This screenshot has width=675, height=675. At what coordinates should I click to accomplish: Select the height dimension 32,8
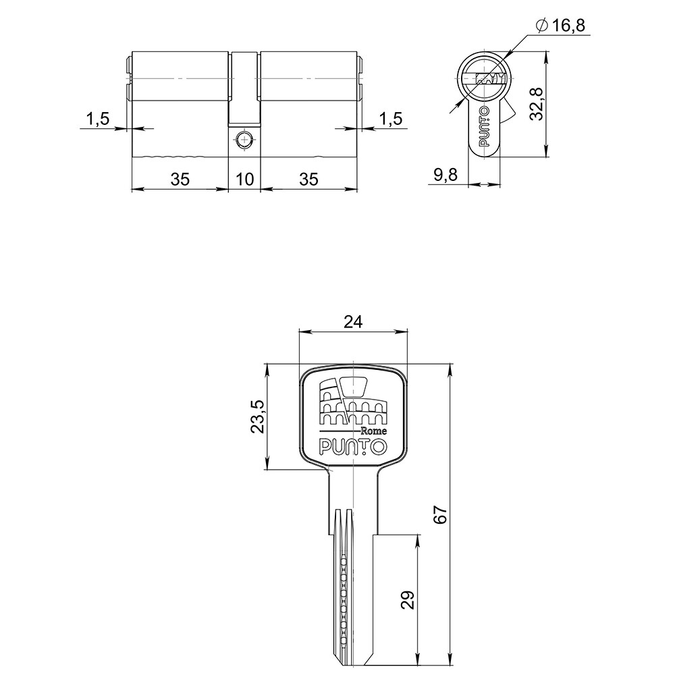(x=537, y=103)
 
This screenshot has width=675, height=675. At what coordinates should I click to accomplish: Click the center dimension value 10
(x=245, y=179)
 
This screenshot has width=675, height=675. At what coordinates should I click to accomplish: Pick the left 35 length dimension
(x=179, y=179)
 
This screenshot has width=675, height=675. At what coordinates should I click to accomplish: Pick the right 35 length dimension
(x=308, y=179)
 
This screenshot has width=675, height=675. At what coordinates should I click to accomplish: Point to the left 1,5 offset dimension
(x=97, y=119)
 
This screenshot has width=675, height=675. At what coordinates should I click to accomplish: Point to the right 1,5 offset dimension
(x=390, y=119)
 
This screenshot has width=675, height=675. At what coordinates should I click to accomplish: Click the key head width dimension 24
(x=352, y=322)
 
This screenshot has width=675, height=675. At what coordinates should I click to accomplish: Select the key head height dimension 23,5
(x=258, y=417)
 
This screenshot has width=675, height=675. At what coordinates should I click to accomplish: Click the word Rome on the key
(x=373, y=431)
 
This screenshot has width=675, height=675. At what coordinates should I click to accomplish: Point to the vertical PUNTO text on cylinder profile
(x=484, y=126)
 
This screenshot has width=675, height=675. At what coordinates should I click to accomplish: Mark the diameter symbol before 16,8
(x=541, y=26)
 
